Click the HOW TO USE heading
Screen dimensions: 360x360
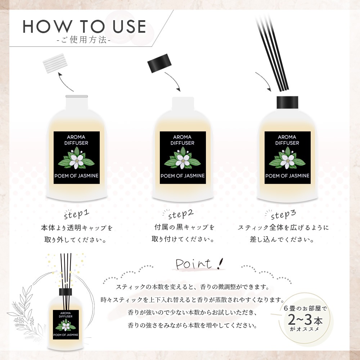pyautogui.click(x=85, y=27)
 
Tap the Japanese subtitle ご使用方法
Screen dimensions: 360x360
pyautogui.click(x=84, y=41)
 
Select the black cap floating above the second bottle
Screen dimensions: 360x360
pyautogui.click(x=159, y=64)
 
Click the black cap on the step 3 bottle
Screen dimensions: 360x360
pyautogui.click(x=288, y=103)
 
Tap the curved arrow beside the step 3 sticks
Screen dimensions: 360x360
pyautogui.click(x=264, y=81)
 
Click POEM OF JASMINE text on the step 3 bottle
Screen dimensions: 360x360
pyautogui.click(x=287, y=176)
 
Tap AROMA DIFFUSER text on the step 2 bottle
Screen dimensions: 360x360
pyautogui.click(x=183, y=140)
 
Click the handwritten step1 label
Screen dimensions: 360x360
pyautogui.click(x=76, y=215)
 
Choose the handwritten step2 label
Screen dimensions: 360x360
pyautogui.click(x=181, y=215)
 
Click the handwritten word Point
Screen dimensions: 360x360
pyautogui.click(x=194, y=264)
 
